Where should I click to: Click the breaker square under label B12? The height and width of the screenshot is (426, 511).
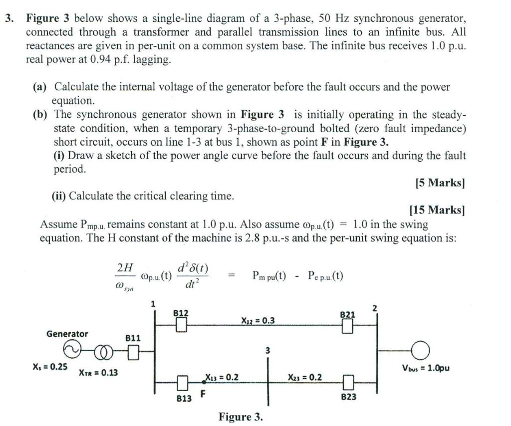click(181, 325)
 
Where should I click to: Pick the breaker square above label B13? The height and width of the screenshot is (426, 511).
click(182, 383)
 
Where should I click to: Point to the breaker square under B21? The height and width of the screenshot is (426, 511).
click(348, 326)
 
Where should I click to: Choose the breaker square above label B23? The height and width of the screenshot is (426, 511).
click(348, 383)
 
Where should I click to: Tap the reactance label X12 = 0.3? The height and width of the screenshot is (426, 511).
click(257, 321)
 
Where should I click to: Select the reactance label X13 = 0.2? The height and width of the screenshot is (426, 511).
click(222, 378)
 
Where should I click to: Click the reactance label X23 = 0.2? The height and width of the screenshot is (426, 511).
click(304, 378)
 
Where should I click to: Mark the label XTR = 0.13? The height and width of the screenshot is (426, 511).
click(98, 372)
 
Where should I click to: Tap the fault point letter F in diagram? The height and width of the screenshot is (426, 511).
click(203, 395)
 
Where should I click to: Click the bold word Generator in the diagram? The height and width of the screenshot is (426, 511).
click(67, 334)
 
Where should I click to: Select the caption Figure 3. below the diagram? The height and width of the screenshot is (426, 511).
click(241, 416)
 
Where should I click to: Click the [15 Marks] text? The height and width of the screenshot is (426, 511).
click(437, 210)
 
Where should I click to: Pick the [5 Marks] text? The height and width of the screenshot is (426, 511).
click(440, 183)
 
